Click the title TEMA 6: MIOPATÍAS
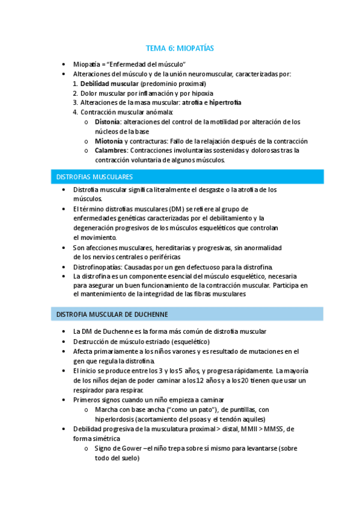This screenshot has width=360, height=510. point(180,48)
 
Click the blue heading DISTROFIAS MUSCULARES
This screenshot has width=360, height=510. point(94,177)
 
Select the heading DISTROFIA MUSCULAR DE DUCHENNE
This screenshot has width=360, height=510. point(112,315)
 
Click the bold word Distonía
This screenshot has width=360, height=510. point(107,121)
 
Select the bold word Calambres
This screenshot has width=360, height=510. point(111,150)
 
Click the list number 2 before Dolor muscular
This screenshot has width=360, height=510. point(75,93)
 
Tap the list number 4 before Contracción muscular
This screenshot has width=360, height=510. point(75,112)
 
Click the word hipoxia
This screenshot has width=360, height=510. point(199,93)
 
